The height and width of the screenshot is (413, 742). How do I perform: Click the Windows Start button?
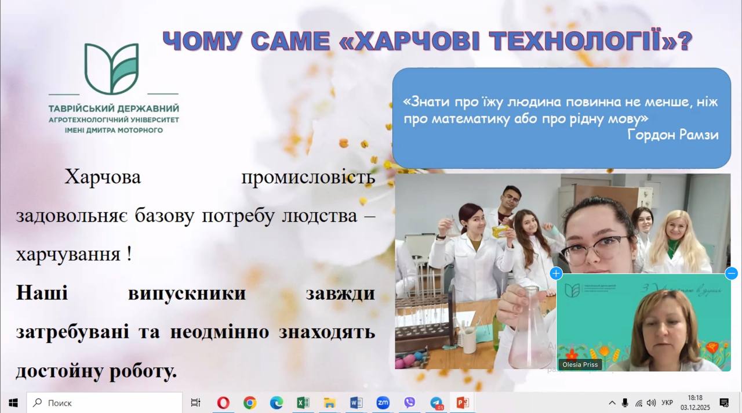tap(13, 403)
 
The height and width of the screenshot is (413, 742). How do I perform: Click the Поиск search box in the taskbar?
tap(104, 403)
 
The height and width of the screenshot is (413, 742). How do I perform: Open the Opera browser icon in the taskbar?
tap(223, 403)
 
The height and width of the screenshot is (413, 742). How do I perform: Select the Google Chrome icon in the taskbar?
tap(250, 403)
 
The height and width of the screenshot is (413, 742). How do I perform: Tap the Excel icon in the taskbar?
tap(303, 403)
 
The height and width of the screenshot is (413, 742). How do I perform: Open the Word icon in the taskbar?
tap(356, 403)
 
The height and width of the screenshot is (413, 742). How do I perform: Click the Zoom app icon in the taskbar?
tap(383, 403)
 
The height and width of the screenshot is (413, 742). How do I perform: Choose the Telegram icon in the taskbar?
tap(436, 403)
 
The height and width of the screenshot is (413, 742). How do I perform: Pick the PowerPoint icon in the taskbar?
tap(463, 403)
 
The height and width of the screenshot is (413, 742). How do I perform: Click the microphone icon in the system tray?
tap(625, 403)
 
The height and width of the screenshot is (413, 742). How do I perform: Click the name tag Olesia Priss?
tap(579, 365)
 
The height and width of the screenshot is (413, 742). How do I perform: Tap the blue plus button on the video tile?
tap(556, 273)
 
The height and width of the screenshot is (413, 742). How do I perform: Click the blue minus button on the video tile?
tap(732, 273)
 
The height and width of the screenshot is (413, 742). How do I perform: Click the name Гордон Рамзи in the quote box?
tap(672, 135)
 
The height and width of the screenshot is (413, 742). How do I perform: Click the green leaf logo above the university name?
tap(112, 68)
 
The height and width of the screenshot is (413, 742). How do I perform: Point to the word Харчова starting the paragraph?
tap(103, 177)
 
